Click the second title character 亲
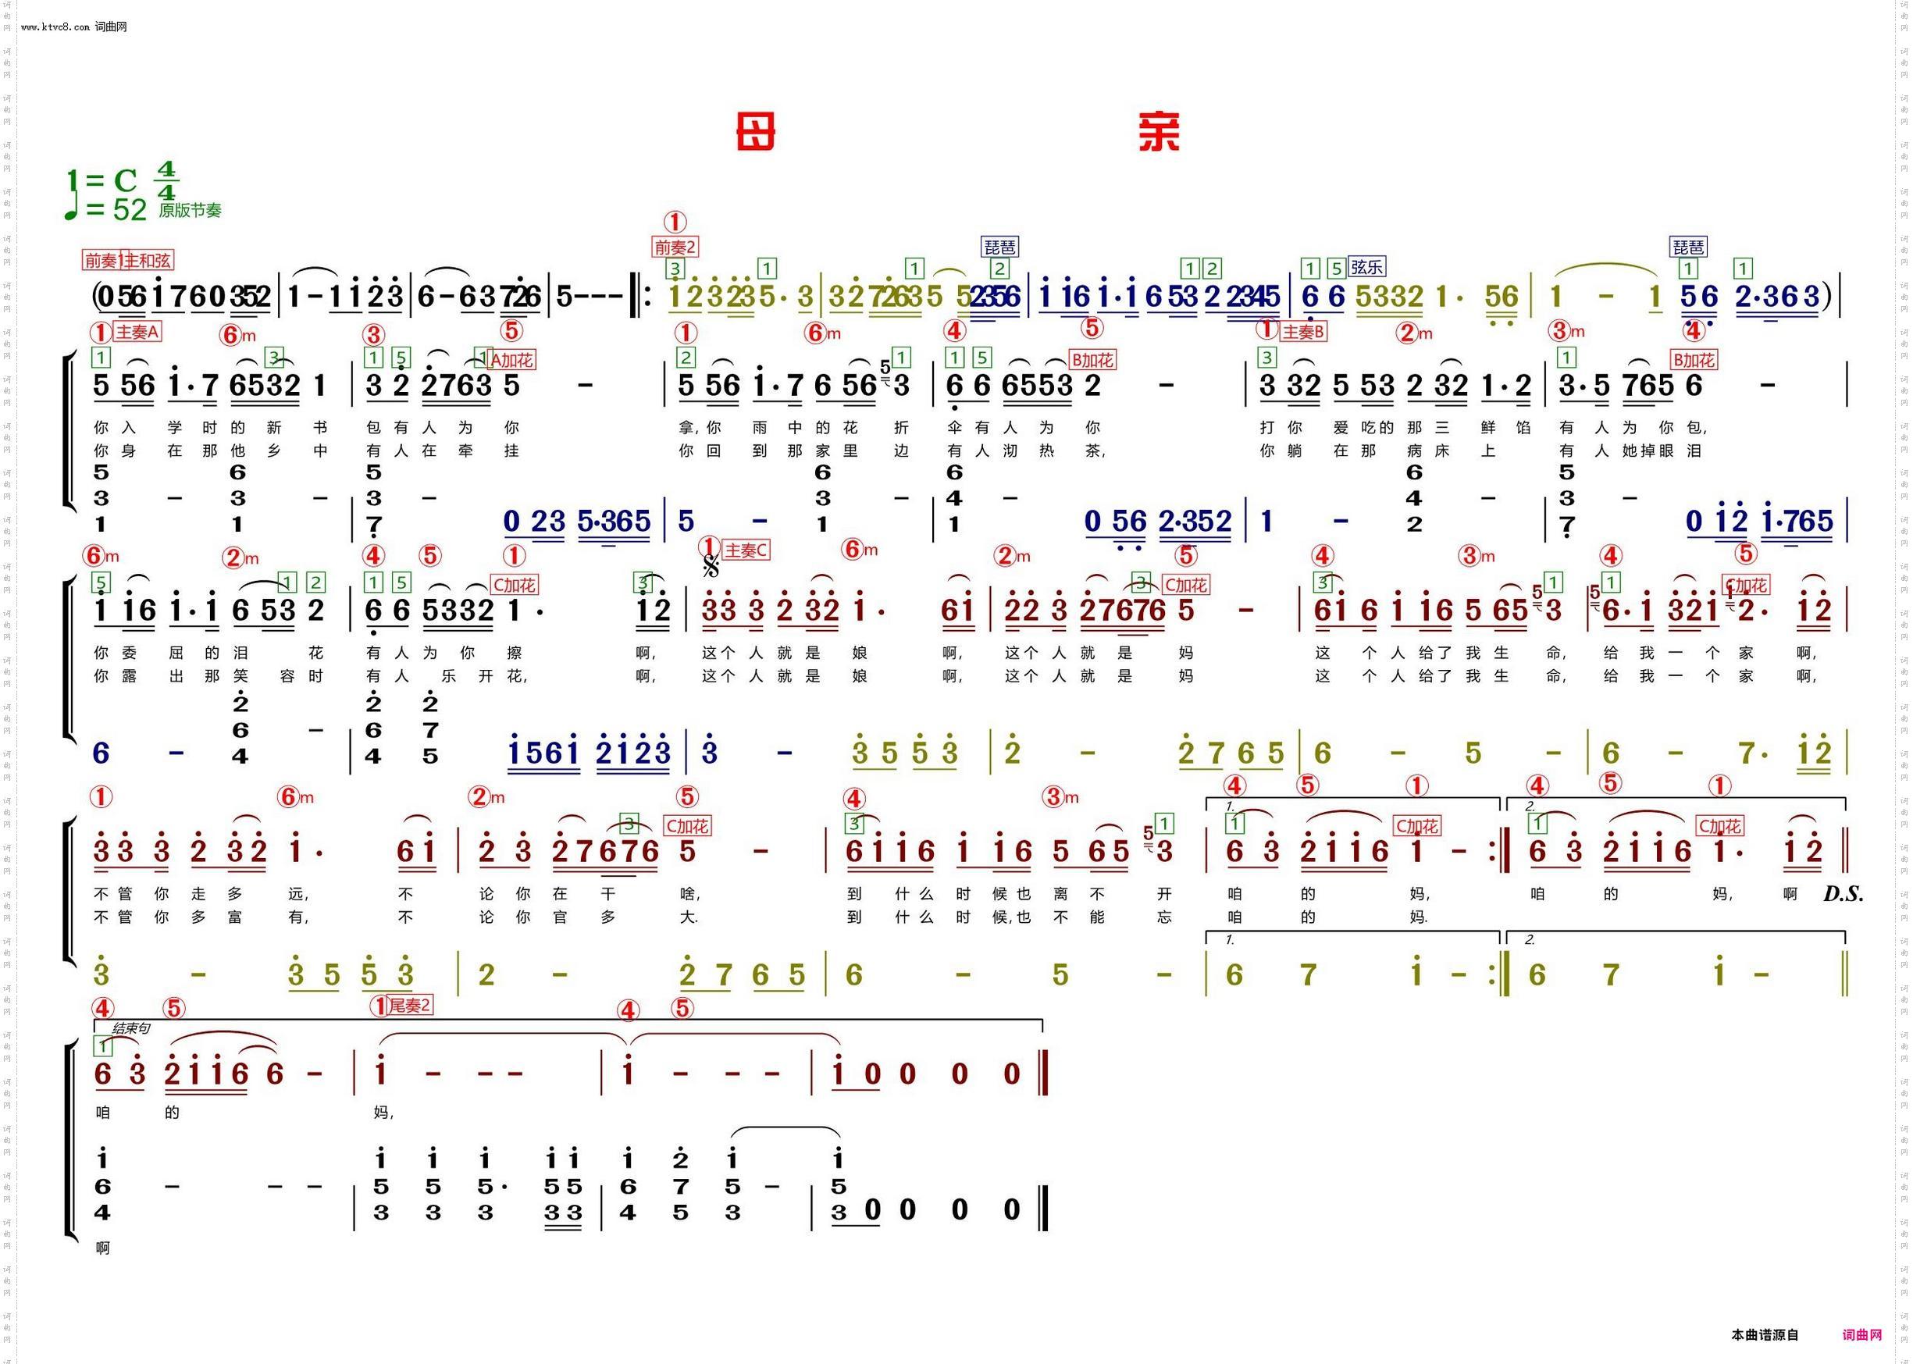(x=1159, y=133)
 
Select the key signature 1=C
(x=102, y=180)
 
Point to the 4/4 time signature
(x=166, y=181)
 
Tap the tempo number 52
(x=130, y=210)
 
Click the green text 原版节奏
(x=190, y=211)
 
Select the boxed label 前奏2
(x=676, y=247)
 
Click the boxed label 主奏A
(x=137, y=332)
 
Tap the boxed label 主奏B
(x=1302, y=332)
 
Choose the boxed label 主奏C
(x=746, y=550)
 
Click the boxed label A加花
(x=511, y=360)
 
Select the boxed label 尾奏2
(x=410, y=1006)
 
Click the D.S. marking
(x=1843, y=895)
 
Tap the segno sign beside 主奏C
(x=711, y=567)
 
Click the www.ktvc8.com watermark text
(x=55, y=27)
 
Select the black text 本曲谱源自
(x=1765, y=1334)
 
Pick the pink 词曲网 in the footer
(x=1861, y=1334)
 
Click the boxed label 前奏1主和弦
(x=127, y=260)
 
